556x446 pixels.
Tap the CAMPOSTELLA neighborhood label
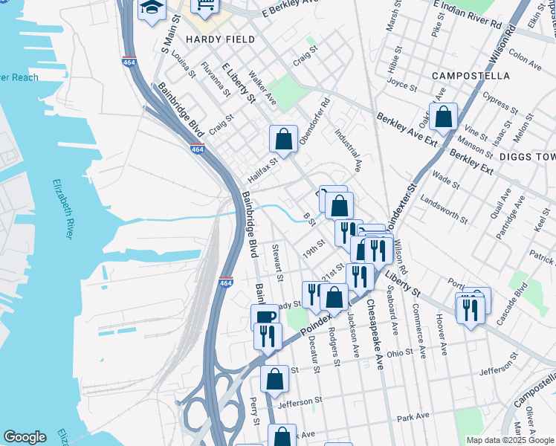pyautogui.click(x=471, y=76)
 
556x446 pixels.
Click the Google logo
pyautogui.click(x=25, y=437)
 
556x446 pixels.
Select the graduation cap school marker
pyautogui.click(x=152, y=10)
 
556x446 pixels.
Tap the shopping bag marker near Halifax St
pyautogui.click(x=283, y=138)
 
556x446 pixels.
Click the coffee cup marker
pyautogui.click(x=264, y=318)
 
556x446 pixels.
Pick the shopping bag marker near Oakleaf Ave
pyautogui.click(x=443, y=117)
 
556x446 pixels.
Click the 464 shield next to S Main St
pyautogui.click(x=130, y=62)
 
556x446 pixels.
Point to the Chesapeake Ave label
pyautogui.click(x=375, y=334)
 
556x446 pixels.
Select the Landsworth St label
pyautogui.click(x=444, y=210)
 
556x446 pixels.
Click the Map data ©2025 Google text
pyautogui.click(x=509, y=439)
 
